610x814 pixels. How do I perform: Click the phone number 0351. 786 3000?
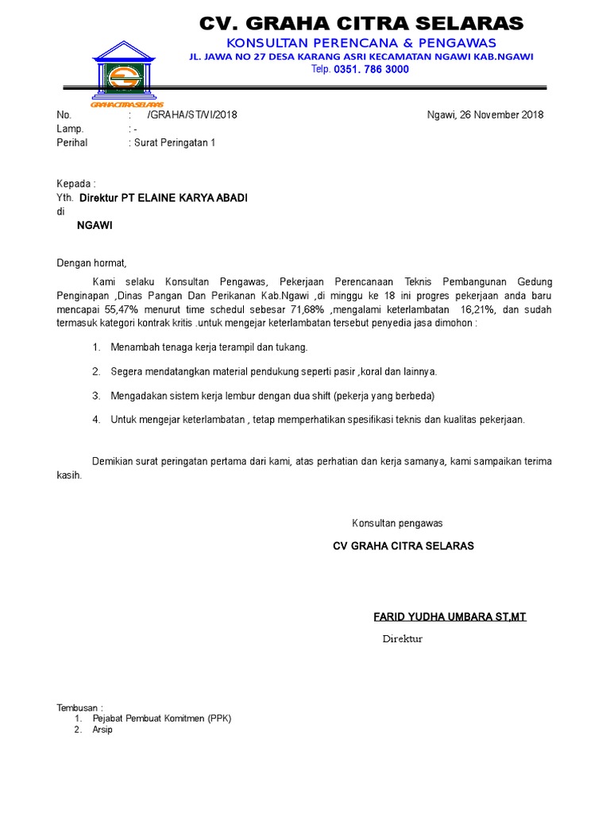(x=371, y=70)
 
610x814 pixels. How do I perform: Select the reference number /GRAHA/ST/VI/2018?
(x=192, y=114)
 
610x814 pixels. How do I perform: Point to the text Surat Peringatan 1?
(x=173, y=143)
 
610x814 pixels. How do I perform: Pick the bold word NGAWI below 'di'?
(x=95, y=225)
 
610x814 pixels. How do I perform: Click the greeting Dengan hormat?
(x=91, y=263)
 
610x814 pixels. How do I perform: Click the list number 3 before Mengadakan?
(x=95, y=396)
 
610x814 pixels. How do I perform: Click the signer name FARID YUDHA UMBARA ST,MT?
(x=450, y=617)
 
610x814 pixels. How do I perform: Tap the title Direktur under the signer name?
(x=402, y=639)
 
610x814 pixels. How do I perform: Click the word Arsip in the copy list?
(x=102, y=730)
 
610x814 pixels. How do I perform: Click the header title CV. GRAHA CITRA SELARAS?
(x=361, y=23)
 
